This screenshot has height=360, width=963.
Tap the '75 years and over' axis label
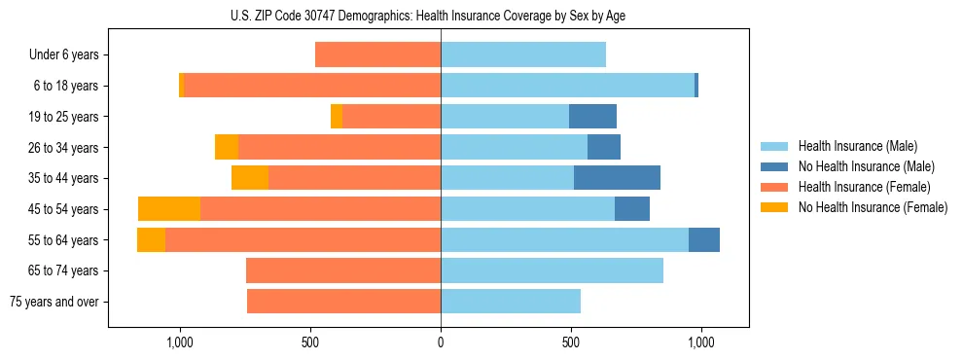pos(54,302)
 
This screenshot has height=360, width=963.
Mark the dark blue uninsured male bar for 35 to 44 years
pos(617,178)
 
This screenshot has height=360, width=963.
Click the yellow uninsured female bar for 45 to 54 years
pos(169,209)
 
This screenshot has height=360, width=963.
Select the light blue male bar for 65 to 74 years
pos(552,270)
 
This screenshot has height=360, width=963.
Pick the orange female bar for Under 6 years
pos(377,55)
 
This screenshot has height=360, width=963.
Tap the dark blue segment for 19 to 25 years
pos(592,117)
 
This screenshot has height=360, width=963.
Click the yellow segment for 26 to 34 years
pos(227,148)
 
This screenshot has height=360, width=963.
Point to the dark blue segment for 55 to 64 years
pos(704,240)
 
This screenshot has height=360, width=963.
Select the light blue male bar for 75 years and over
pos(511,302)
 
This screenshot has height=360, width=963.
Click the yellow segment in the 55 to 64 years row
pos(151,240)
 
